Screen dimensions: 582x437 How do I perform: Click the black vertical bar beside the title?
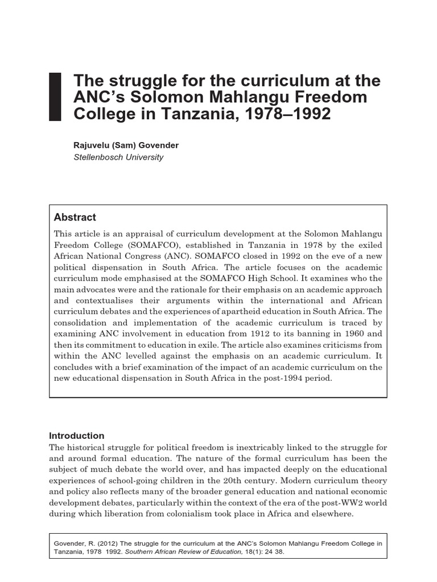tap(55, 97)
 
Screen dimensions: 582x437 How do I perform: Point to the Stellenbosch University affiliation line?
tap(118, 157)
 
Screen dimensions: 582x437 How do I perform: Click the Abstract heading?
tap(75, 217)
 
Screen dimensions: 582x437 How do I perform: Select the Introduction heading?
tap(77, 436)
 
